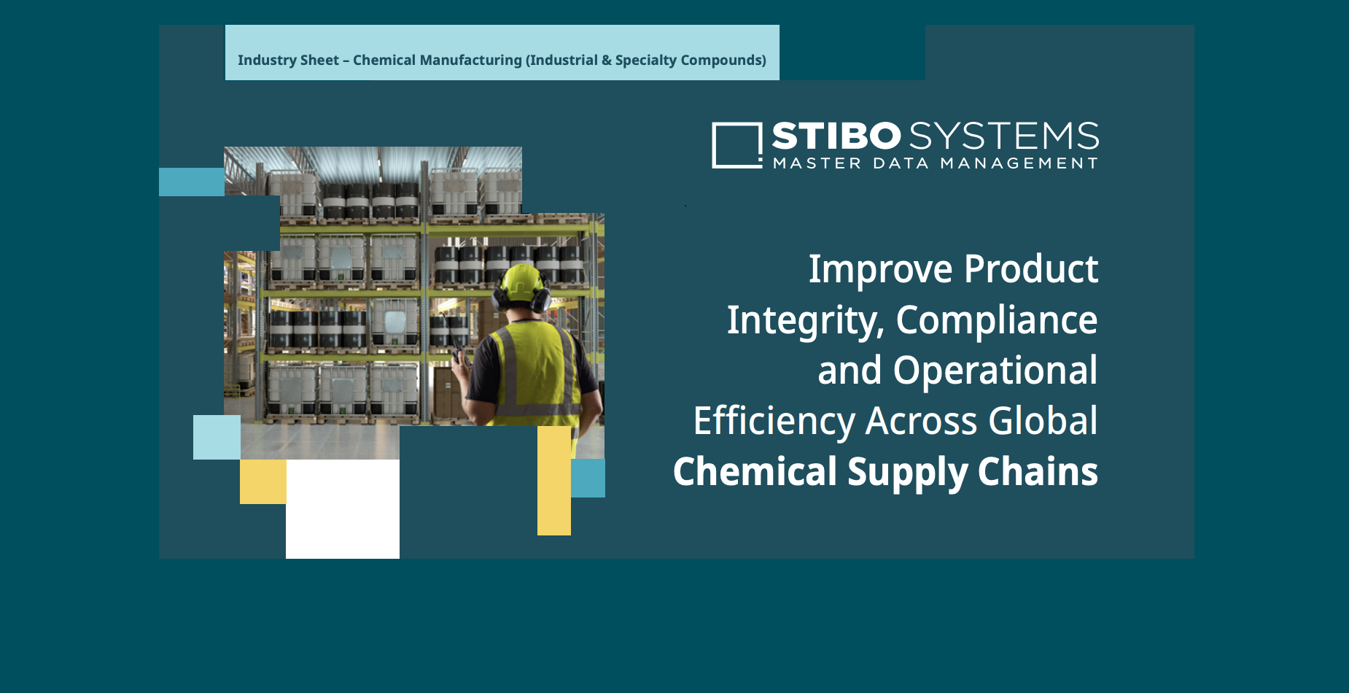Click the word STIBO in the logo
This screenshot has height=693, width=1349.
pos(836,136)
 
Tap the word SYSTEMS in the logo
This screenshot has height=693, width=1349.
pos(1004,136)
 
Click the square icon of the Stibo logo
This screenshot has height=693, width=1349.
pos(736,145)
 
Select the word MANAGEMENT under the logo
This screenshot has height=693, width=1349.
pos(1019,163)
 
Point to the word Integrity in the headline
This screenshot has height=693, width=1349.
pos(805,320)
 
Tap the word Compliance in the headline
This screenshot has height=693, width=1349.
pos(996,320)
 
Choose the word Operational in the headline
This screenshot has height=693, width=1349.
pos(995,371)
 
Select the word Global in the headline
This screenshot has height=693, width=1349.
pos(1043,421)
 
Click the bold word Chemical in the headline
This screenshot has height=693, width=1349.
pos(755,472)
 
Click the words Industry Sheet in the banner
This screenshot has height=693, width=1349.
pos(288,61)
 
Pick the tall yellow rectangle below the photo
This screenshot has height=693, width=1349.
pos(554,481)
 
